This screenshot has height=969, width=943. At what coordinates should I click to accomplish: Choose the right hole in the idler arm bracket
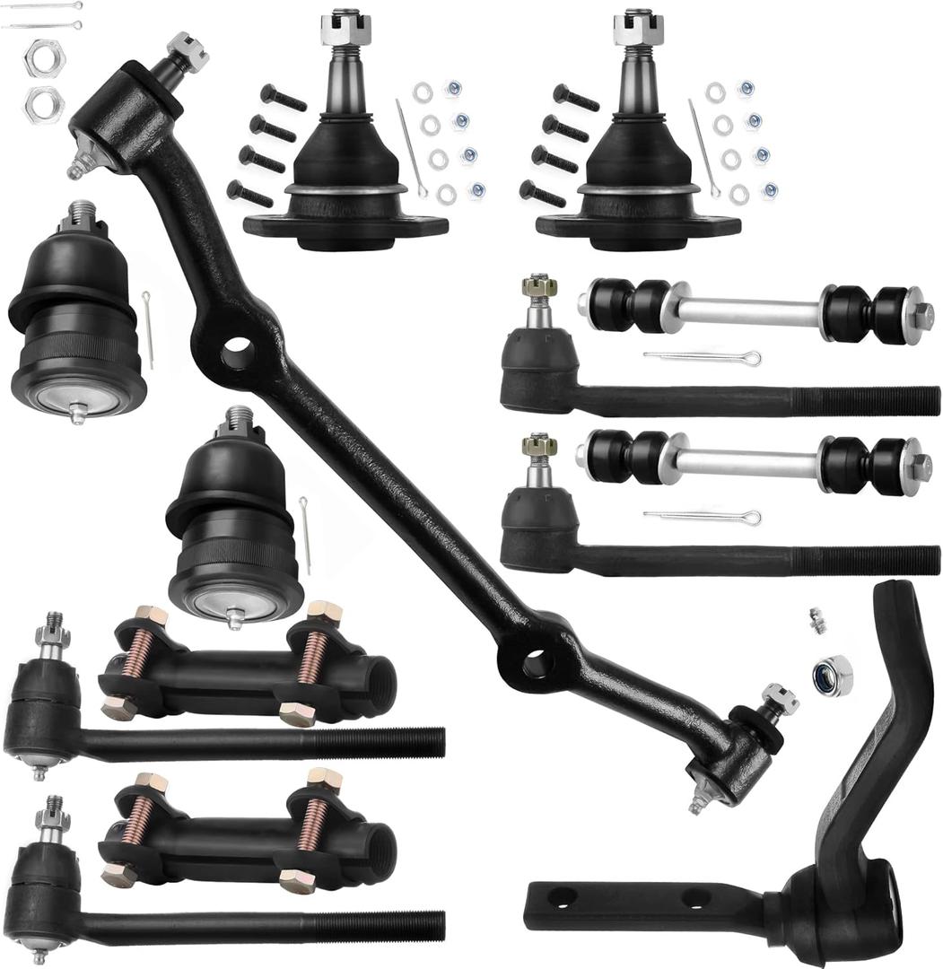click(695, 897)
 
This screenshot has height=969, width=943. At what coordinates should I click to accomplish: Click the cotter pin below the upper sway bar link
click(702, 358)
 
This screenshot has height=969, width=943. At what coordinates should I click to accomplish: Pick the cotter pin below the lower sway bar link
click(702, 517)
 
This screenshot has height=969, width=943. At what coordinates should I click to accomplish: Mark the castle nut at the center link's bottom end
click(778, 697)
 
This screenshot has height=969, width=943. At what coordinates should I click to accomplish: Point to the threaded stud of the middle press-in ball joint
click(240, 419)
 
